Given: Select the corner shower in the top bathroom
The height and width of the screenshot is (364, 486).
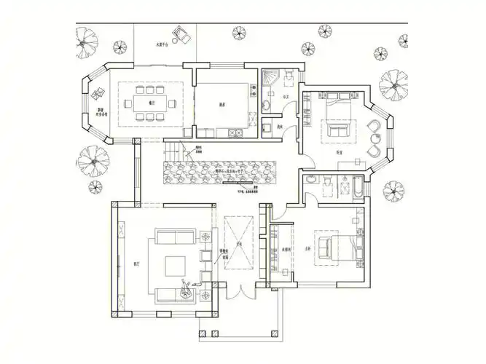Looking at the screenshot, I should [x=270, y=75].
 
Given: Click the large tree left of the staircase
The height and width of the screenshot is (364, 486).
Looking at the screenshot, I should [x=93, y=161].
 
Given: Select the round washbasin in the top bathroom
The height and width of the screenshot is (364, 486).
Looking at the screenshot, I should [x=267, y=106].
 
